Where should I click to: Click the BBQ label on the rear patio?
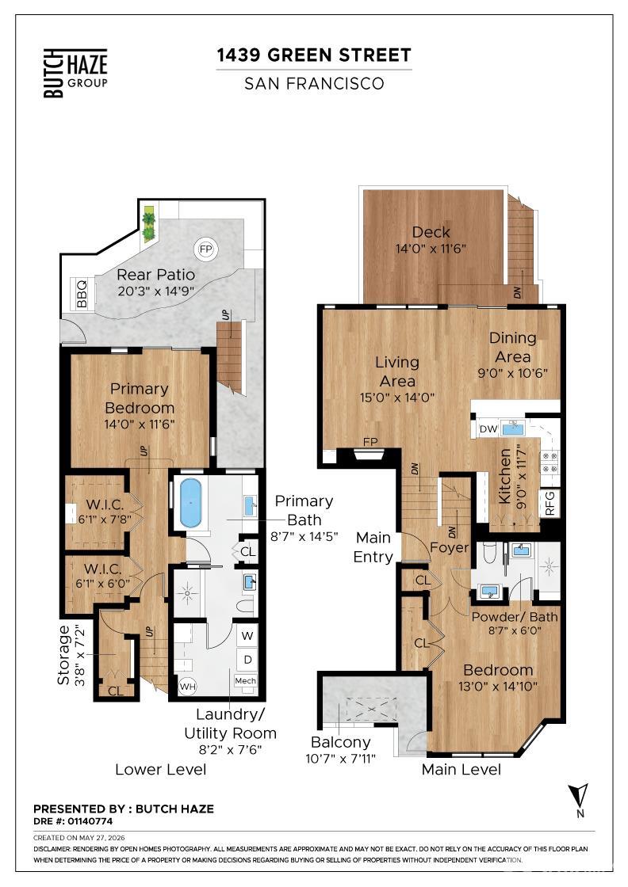point(82,294)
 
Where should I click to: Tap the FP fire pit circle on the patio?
point(205,249)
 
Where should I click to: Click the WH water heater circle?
point(187,687)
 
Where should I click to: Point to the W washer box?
point(247,636)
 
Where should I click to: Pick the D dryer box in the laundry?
point(247,660)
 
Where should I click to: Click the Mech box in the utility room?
point(246,680)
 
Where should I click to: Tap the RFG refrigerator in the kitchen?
point(549,503)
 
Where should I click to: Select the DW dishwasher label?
point(488,428)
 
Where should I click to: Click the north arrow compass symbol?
point(580,800)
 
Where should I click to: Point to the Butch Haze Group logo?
point(76,73)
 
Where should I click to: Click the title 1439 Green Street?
point(314,55)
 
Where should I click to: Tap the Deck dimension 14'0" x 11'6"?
point(431,249)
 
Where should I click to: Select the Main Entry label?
point(373,547)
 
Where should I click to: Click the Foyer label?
point(449,547)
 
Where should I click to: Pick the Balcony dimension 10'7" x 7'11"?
point(341,759)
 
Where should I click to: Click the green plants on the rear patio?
point(148,224)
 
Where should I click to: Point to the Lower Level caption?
point(161,769)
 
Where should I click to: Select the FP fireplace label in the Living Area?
point(370,442)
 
